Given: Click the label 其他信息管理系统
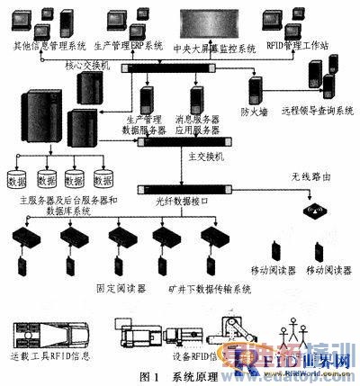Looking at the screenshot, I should point(43,45).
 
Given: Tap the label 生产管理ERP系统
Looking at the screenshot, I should point(128,45).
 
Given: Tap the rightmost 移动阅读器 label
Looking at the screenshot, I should point(328,270).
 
